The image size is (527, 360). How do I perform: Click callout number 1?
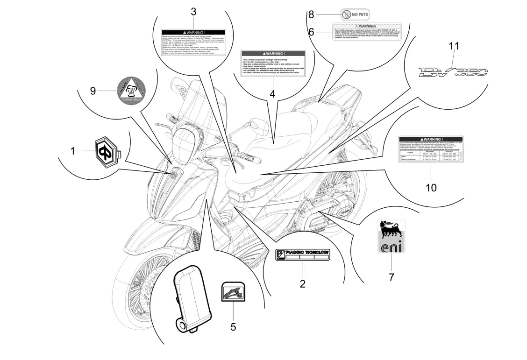pyautogui.click(x=72, y=151)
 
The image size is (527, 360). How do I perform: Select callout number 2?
pyautogui.click(x=302, y=283)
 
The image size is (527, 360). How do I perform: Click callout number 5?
pyautogui.click(x=233, y=326)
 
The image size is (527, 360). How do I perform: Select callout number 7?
pyautogui.click(x=392, y=277)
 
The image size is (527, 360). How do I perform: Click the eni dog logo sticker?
pyautogui.click(x=392, y=236)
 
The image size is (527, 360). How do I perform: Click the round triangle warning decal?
pyautogui.click(x=118, y=91)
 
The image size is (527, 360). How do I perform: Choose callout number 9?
pyautogui.click(x=93, y=91)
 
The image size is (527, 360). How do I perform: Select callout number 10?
pyautogui.click(x=431, y=188)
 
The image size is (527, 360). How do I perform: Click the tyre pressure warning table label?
pyautogui.click(x=431, y=150)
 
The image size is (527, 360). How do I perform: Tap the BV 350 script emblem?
pyautogui.click(x=452, y=71)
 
